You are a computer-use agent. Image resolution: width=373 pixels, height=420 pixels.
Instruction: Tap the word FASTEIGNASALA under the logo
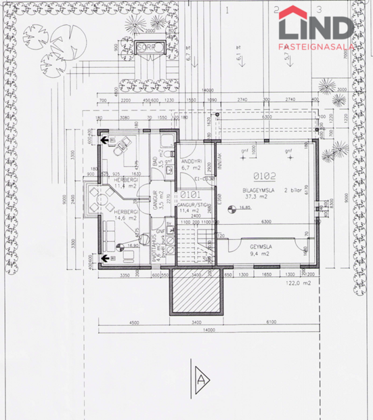pyautogui.click(x=315, y=47)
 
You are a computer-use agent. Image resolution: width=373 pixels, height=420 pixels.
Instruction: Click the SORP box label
pyautogui.click(x=146, y=48)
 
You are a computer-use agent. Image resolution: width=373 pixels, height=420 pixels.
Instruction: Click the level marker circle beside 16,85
pyautogui.click(x=230, y=209)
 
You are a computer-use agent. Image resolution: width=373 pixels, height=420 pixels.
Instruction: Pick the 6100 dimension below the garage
pyautogui.click(x=271, y=322)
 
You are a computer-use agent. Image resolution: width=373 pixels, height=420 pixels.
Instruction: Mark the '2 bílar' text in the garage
pyautogui.click(x=294, y=191)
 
